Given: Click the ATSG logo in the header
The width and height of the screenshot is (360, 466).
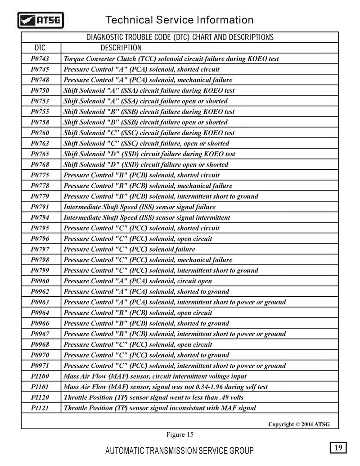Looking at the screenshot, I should click(x=40, y=20).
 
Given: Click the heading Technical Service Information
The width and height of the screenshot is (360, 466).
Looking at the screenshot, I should click(x=179, y=20).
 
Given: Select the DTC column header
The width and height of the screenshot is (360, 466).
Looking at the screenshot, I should click(x=40, y=48).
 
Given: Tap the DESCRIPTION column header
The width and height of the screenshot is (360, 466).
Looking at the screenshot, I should click(x=121, y=48).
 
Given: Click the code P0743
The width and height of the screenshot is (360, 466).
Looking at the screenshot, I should click(x=40, y=59).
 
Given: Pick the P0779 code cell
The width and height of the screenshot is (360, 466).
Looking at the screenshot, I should click(x=40, y=196).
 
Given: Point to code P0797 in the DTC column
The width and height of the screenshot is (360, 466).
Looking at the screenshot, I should click(x=40, y=249).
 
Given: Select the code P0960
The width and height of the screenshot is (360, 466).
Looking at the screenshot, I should click(x=40, y=281).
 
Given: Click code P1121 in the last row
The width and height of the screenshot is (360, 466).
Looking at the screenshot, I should click(x=40, y=408).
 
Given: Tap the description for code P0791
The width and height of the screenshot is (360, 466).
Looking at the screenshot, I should click(x=139, y=207).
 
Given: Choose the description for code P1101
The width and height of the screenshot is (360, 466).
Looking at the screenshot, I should click(x=166, y=387).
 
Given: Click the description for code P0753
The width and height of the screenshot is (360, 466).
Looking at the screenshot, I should click(x=145, y=101).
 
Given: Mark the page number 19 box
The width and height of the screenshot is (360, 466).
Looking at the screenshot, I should click(x=338, y=447).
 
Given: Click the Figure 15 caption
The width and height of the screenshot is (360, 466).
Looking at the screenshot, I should click(x=180, y=434).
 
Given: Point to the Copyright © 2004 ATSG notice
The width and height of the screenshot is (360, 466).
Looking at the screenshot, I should click(x=299, y=424).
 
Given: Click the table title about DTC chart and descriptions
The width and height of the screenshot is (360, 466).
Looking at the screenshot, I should click(x=180, y=37).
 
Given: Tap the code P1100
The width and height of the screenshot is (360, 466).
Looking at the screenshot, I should click(x=40, y=376).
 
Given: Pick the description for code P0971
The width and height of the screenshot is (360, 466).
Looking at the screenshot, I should click(x=175, y=366).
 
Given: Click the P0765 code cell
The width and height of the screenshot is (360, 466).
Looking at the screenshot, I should click(x=40, y=154).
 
